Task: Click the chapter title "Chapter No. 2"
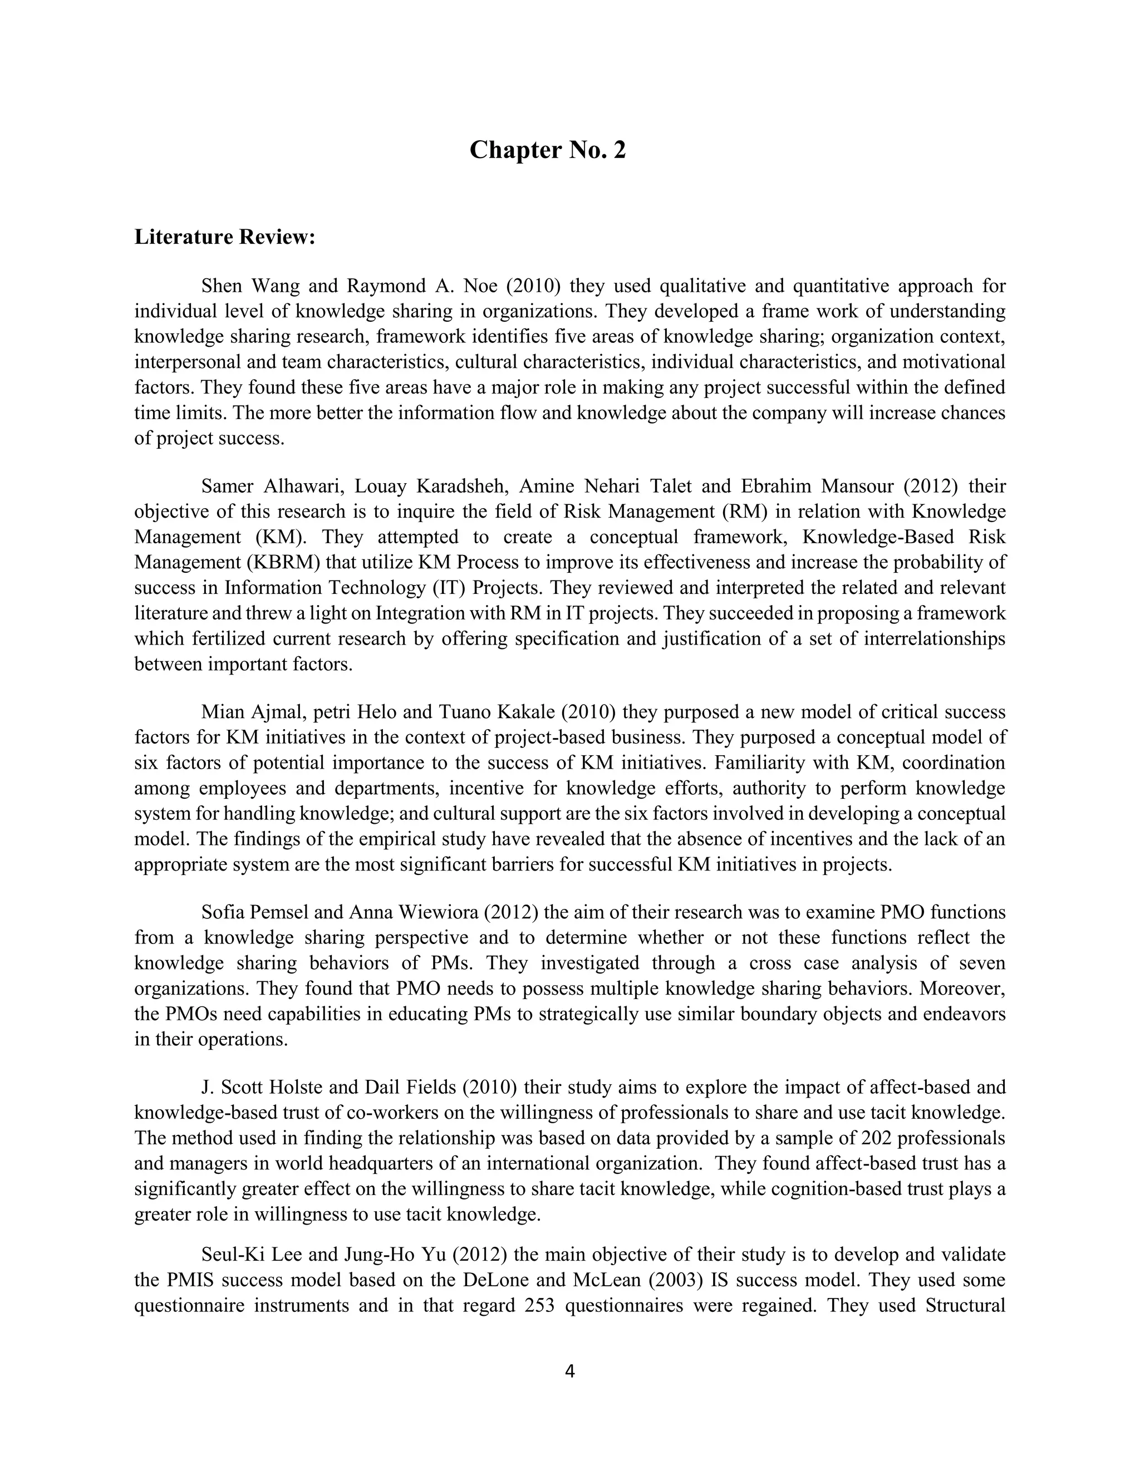[547, 150]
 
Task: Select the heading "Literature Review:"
[225, 238]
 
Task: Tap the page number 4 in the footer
[569, 1371]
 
